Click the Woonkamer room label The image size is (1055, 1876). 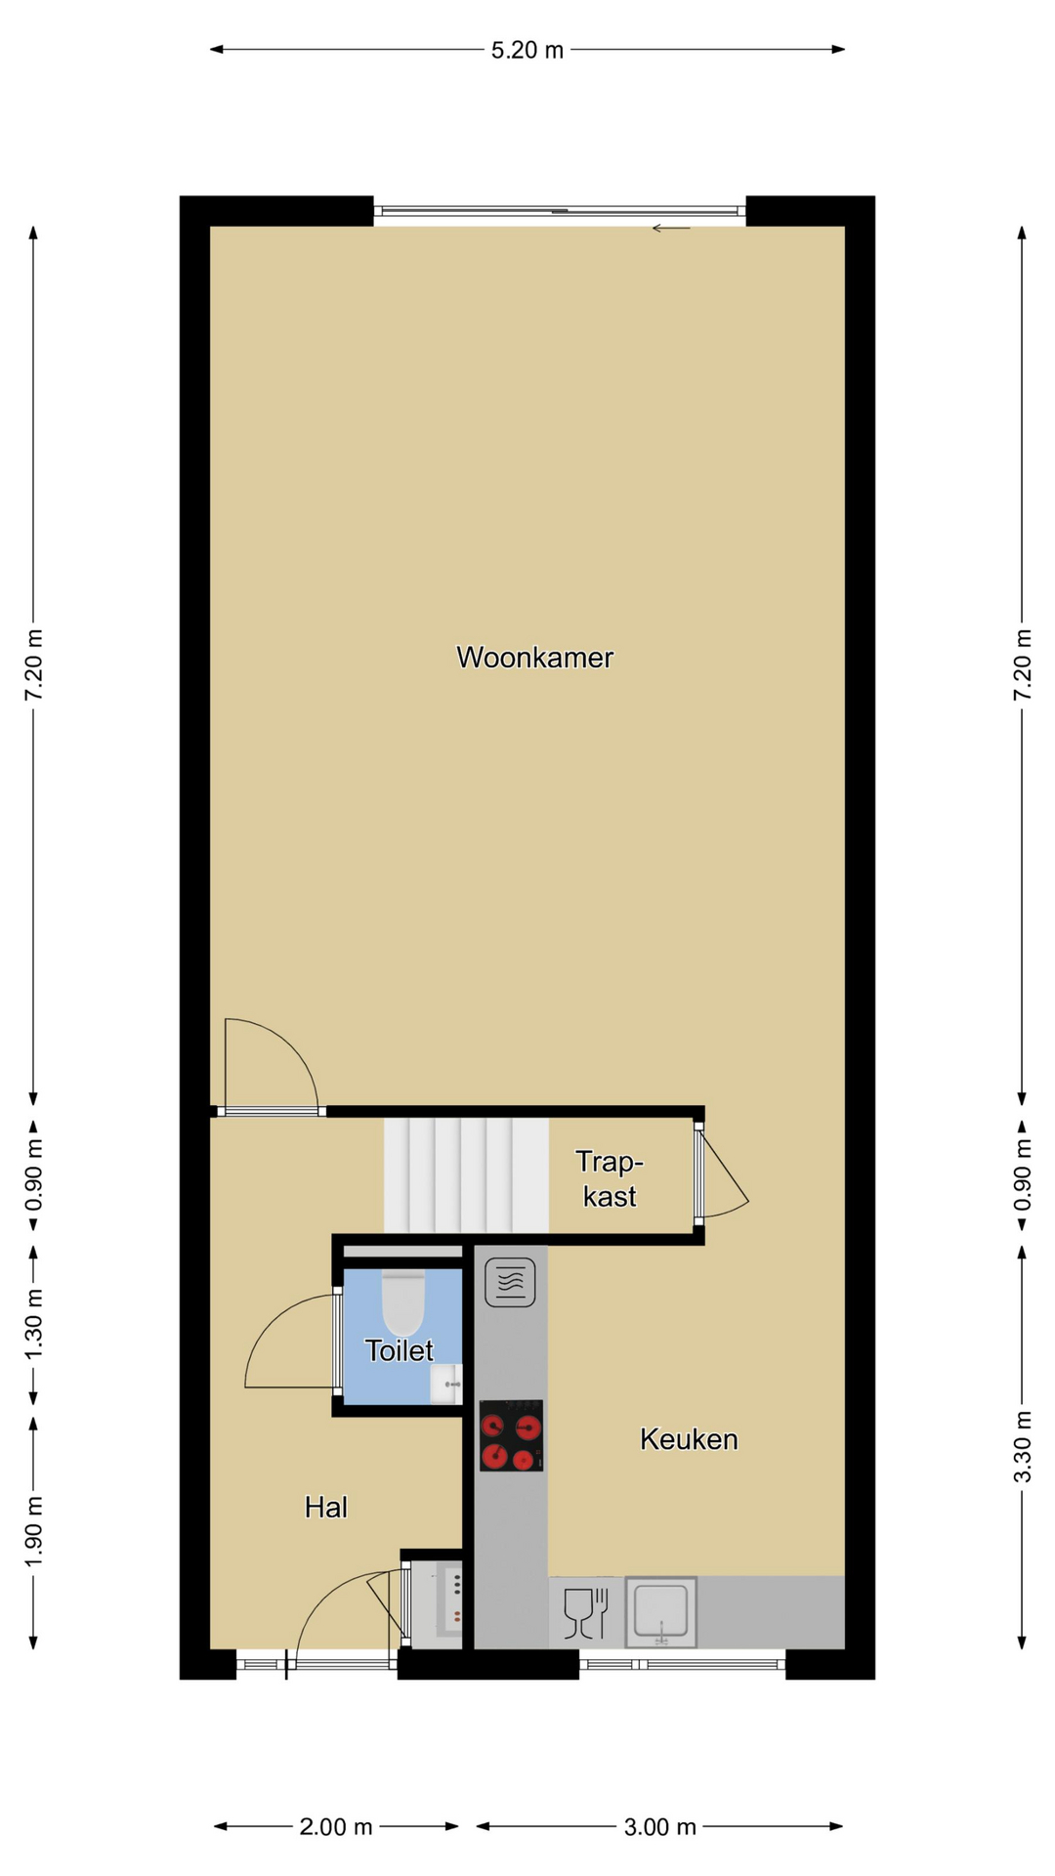(x=534, y=658)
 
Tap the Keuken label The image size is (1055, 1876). (x=689, y=1439)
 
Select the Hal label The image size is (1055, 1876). (x=326, y=1508)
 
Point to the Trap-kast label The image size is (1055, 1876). (x=610, y=1179)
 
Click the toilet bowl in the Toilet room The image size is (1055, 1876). (x=402, y=1302)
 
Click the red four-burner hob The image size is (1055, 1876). (x=511, y=1436)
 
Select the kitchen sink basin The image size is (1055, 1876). (x=661, y=1611)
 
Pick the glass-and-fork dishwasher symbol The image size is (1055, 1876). (x=586, y=1613)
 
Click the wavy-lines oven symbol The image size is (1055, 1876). (x=510, y=1282)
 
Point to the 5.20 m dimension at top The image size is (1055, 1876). (x=527, y=50)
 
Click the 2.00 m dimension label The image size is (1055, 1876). (x=336, y=1827)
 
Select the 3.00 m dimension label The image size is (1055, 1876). (x=660, y=1827)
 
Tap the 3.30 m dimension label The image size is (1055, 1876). (x=1023, y=1446)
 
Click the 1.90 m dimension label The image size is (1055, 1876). (x=34, y=1531)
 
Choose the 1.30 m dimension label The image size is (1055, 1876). (x=34, y=1324)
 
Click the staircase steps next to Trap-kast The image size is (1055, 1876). (x=466, y=1175)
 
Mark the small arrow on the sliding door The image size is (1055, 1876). (x=671, y=229)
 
